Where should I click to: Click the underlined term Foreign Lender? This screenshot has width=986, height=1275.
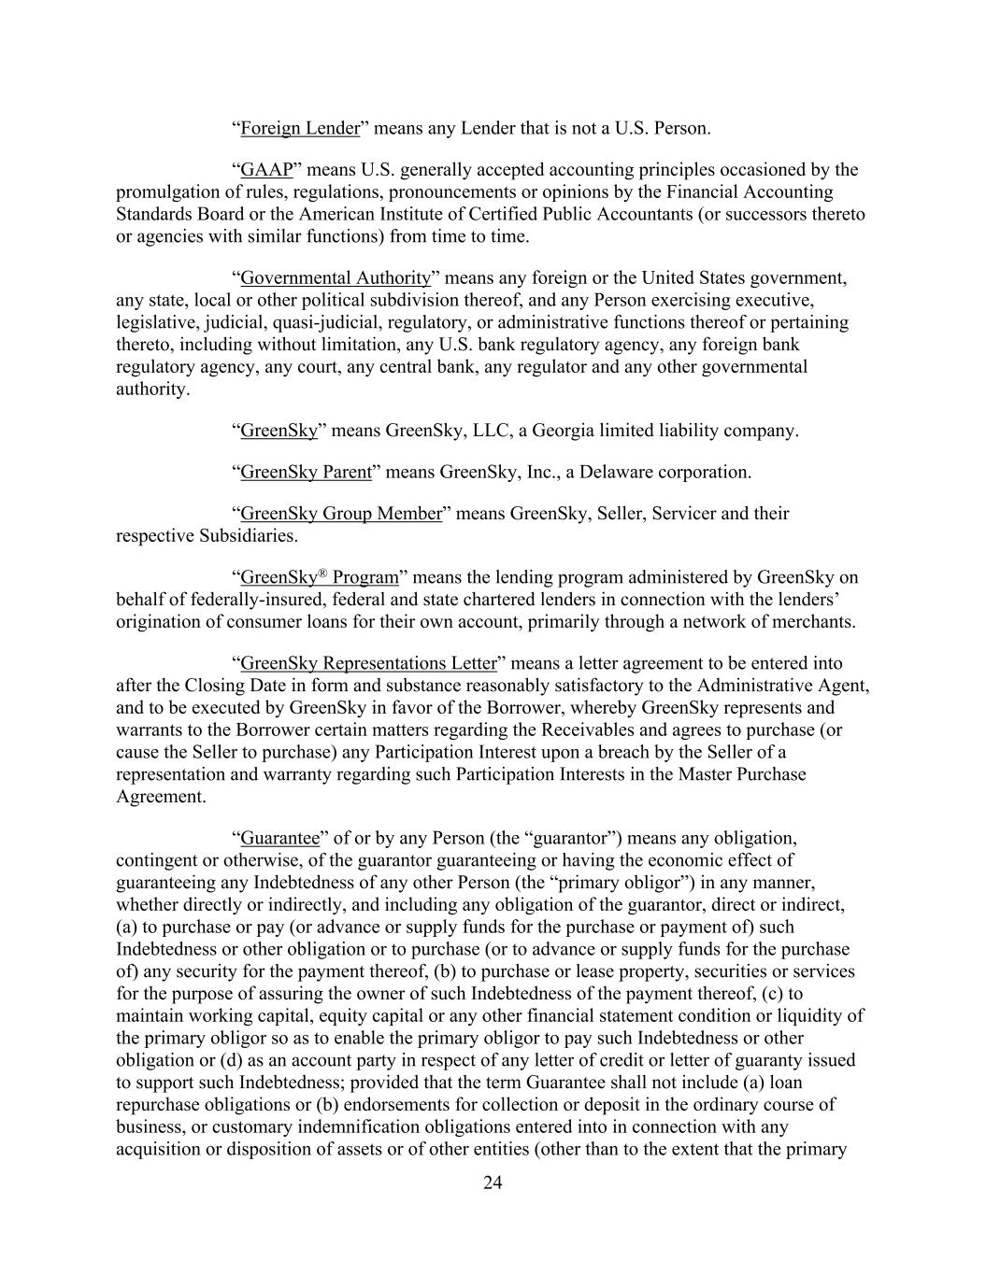(300, 129)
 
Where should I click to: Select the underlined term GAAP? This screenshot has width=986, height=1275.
(266, 170)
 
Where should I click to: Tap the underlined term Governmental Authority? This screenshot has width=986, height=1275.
(336, 278)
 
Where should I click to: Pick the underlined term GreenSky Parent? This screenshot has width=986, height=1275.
(307, 473)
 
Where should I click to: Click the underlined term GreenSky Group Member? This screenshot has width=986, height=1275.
(341, 514)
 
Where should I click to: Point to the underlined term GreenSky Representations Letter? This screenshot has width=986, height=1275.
(368, 664)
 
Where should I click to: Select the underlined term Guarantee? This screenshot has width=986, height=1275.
(280, 838)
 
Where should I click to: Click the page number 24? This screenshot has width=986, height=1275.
(493, 1183)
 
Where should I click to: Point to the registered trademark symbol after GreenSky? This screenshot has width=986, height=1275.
(323, 573)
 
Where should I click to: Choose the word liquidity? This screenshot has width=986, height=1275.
(822, 1016)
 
